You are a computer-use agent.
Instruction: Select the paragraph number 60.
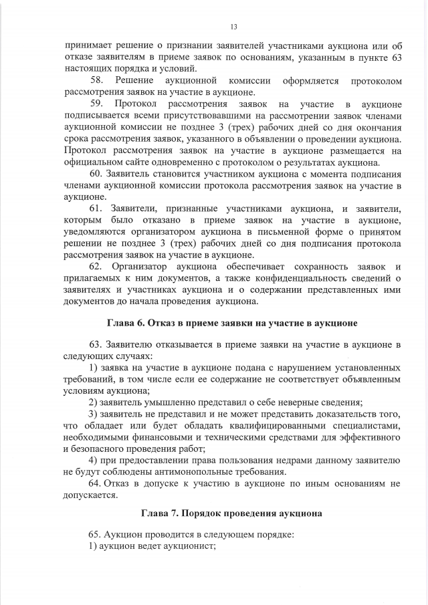(95, 174)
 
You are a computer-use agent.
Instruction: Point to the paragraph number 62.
(95, 267)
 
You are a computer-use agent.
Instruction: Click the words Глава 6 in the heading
(126, 323)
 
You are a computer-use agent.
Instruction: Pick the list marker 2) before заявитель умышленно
(94, 402)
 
